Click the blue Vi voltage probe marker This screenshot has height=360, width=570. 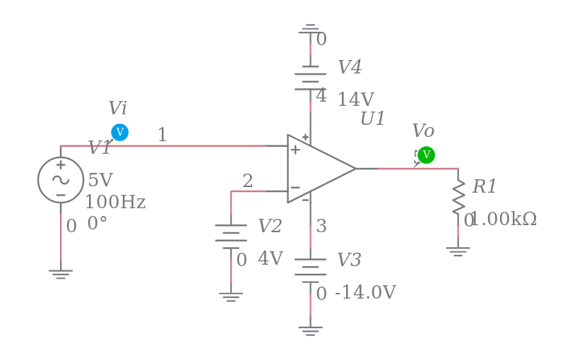[x=119, y=132]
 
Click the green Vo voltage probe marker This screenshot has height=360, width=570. [x=426, y=155]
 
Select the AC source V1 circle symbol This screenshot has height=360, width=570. [x=61, y=180]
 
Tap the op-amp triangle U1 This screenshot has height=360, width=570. [x=319, y=169]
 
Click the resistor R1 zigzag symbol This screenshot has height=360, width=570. [x=458, y=196]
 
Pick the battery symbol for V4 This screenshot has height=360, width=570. [x=310, y=78]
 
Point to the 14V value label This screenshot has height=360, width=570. [x=355, y=100]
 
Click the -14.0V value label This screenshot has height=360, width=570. [x=365, y=293]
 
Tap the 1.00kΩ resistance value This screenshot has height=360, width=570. [x=503, y=220]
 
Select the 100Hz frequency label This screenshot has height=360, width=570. [x=115, y=203]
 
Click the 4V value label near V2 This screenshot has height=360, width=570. [x=271, y=259]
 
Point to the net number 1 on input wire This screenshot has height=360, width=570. [x=162, y=135]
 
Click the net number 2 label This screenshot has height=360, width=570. [x=248, y=181]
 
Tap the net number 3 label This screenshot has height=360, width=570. [x=321, y=227]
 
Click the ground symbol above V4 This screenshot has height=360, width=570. [x=310, y=29]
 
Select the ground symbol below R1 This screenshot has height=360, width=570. [x=458, y=251]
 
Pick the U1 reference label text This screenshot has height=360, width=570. [x=373, y=119]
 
